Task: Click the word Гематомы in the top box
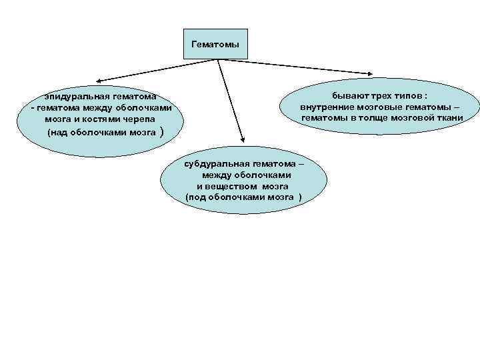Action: click(x=215, y=45)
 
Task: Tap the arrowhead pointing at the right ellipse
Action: click(x=373, y=75)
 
